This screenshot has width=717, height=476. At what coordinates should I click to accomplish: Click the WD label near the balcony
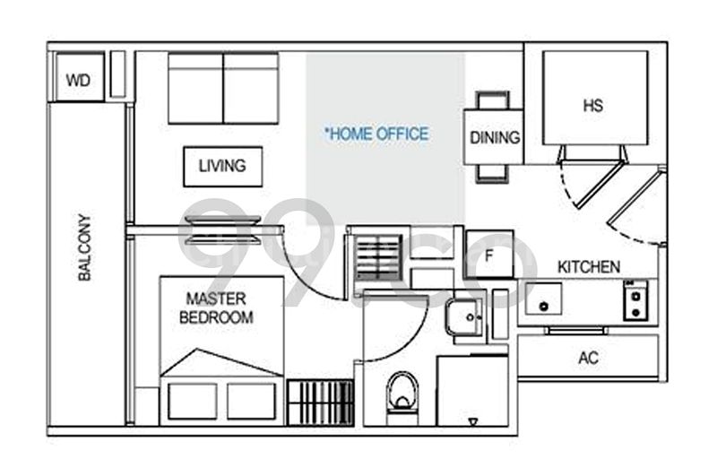[x=79, y=79]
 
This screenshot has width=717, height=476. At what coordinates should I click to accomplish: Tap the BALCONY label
[x=85, y=247]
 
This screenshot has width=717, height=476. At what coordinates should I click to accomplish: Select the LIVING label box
[x=222, y=166]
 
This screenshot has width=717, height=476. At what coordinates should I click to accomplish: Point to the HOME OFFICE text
[x=377, y=134]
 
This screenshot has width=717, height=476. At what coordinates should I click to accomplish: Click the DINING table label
[x=494, y=138]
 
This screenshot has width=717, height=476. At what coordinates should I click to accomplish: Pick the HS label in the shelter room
[x=593, y=105]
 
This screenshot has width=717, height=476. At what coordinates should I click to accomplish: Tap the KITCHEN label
[x=589, y=267]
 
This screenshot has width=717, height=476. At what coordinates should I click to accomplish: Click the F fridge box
[x=489, y=254]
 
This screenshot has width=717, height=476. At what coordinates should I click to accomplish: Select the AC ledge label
[x=588, y=359]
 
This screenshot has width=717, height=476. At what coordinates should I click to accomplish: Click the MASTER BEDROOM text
[x=216, y=307]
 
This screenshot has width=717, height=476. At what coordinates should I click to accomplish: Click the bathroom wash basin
[x=464, y=316]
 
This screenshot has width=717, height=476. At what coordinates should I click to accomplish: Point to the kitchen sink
[x=543, y=299]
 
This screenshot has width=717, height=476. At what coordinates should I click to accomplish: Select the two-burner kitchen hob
[x=636, y=299]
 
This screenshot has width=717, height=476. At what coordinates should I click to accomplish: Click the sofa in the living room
[x=223, y=88]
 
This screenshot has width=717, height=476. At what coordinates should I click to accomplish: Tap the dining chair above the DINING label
[x=493, y=100]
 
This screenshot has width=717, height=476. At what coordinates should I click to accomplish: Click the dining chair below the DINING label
[x=493, y=173]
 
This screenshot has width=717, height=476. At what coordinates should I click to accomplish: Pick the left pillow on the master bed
[x=192, y=401]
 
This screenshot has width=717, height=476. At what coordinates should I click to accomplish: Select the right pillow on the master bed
[x=252, y=401]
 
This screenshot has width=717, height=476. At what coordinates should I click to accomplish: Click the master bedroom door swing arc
[x=309, y=269]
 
